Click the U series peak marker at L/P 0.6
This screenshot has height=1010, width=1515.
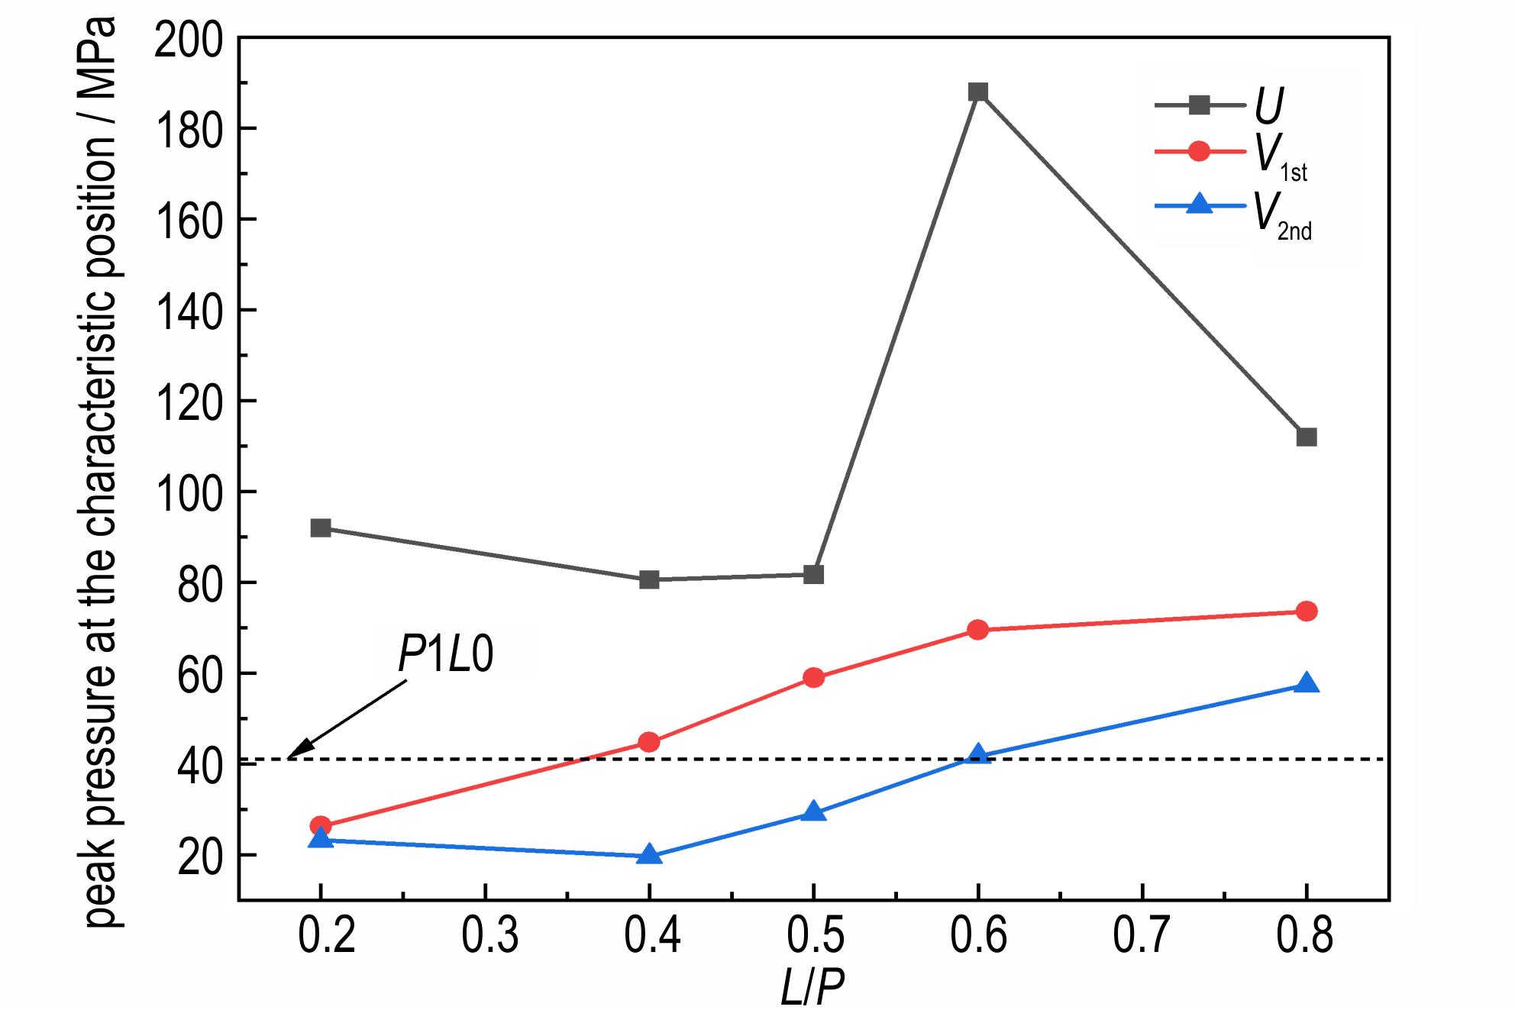tap(977, 92)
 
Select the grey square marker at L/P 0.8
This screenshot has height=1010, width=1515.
tap(1306, 437)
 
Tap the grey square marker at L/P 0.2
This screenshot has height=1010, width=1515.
tap(321, 528)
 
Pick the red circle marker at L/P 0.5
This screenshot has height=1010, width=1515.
tap(813, 678)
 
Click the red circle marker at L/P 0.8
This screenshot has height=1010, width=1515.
tap(1306, 611)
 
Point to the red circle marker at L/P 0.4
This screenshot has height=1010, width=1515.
tap(649, 742)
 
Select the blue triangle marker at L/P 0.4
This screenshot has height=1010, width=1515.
tap(649, 855)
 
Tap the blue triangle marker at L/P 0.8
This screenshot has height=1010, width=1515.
tap(1306, 684)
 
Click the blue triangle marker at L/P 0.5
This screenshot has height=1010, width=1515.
tap(813, 812)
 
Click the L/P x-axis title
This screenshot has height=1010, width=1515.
tap(812, 989)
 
